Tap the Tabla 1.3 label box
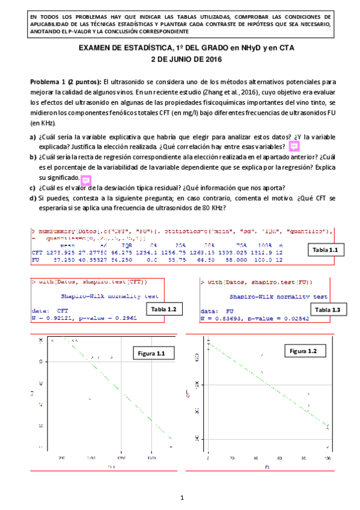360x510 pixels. [x=328, y=309]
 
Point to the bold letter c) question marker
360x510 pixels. [x=33, y=188]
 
